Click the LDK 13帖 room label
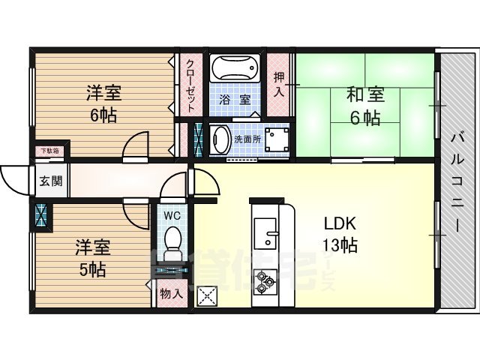[340, 234]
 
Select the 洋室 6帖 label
[103, 104]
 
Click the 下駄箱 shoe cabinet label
[49, 152]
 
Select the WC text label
[172, 215]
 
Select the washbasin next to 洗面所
[220, 139]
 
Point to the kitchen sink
[265, 232]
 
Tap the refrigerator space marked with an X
[206, 295]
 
